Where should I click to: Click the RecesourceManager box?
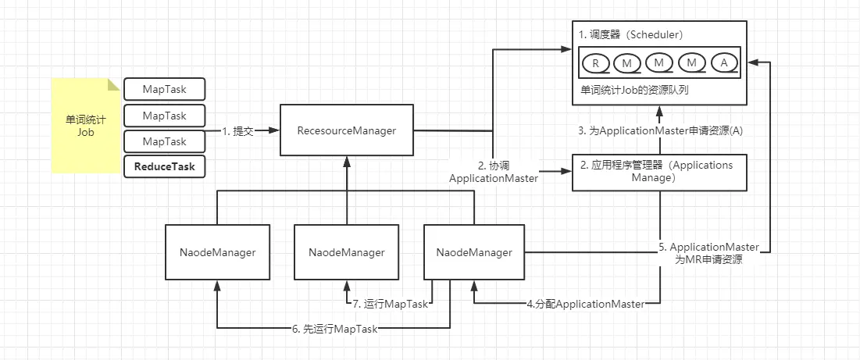346,131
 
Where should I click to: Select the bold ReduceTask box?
164,166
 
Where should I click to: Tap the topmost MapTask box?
164,89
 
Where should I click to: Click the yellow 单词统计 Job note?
85,126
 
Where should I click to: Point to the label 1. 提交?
238,131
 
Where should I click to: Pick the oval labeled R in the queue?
595,62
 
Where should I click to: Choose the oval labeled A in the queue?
724,62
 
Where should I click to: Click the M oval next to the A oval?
692,62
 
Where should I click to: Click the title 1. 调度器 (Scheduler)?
630,35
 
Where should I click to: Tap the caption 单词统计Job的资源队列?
634,91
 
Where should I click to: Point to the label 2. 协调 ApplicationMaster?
493,172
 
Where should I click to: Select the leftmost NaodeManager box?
217,252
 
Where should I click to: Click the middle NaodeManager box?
346,252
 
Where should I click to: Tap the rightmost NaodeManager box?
474,252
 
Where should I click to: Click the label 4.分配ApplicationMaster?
585,304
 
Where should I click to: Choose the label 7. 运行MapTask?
391,304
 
